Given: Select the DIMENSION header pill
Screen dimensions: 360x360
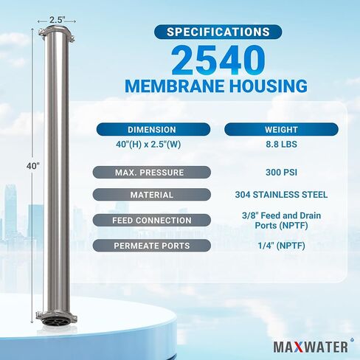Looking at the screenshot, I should point(151,129).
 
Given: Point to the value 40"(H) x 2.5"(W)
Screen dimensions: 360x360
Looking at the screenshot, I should point(151,144).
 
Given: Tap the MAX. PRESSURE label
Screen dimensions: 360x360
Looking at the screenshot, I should point(151,172).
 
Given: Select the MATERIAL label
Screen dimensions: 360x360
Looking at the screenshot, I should point(151,195).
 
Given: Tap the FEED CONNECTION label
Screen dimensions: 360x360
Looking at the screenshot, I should point(151,220).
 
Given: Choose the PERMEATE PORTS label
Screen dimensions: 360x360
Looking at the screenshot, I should point(151,245).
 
